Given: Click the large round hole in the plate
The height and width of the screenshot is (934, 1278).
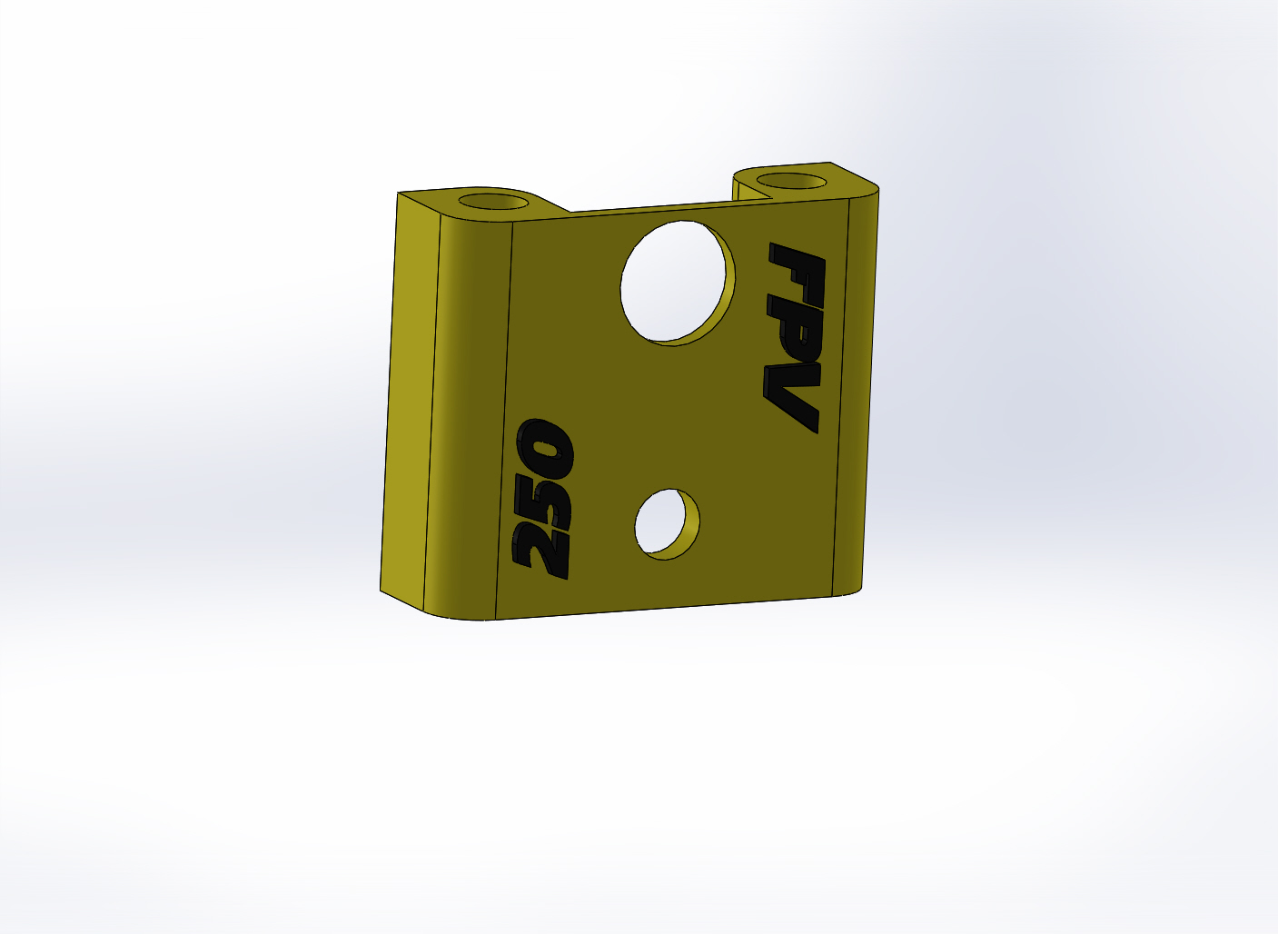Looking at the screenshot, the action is coord(678,283).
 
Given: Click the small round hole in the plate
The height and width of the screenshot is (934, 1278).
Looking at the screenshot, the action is coord(667,523).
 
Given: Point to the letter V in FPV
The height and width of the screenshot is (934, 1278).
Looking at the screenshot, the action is coord(792,396).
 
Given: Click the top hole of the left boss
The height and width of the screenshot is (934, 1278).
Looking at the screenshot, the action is coord(493,202).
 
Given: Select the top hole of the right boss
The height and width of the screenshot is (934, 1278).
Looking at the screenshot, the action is coord(791,181).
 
